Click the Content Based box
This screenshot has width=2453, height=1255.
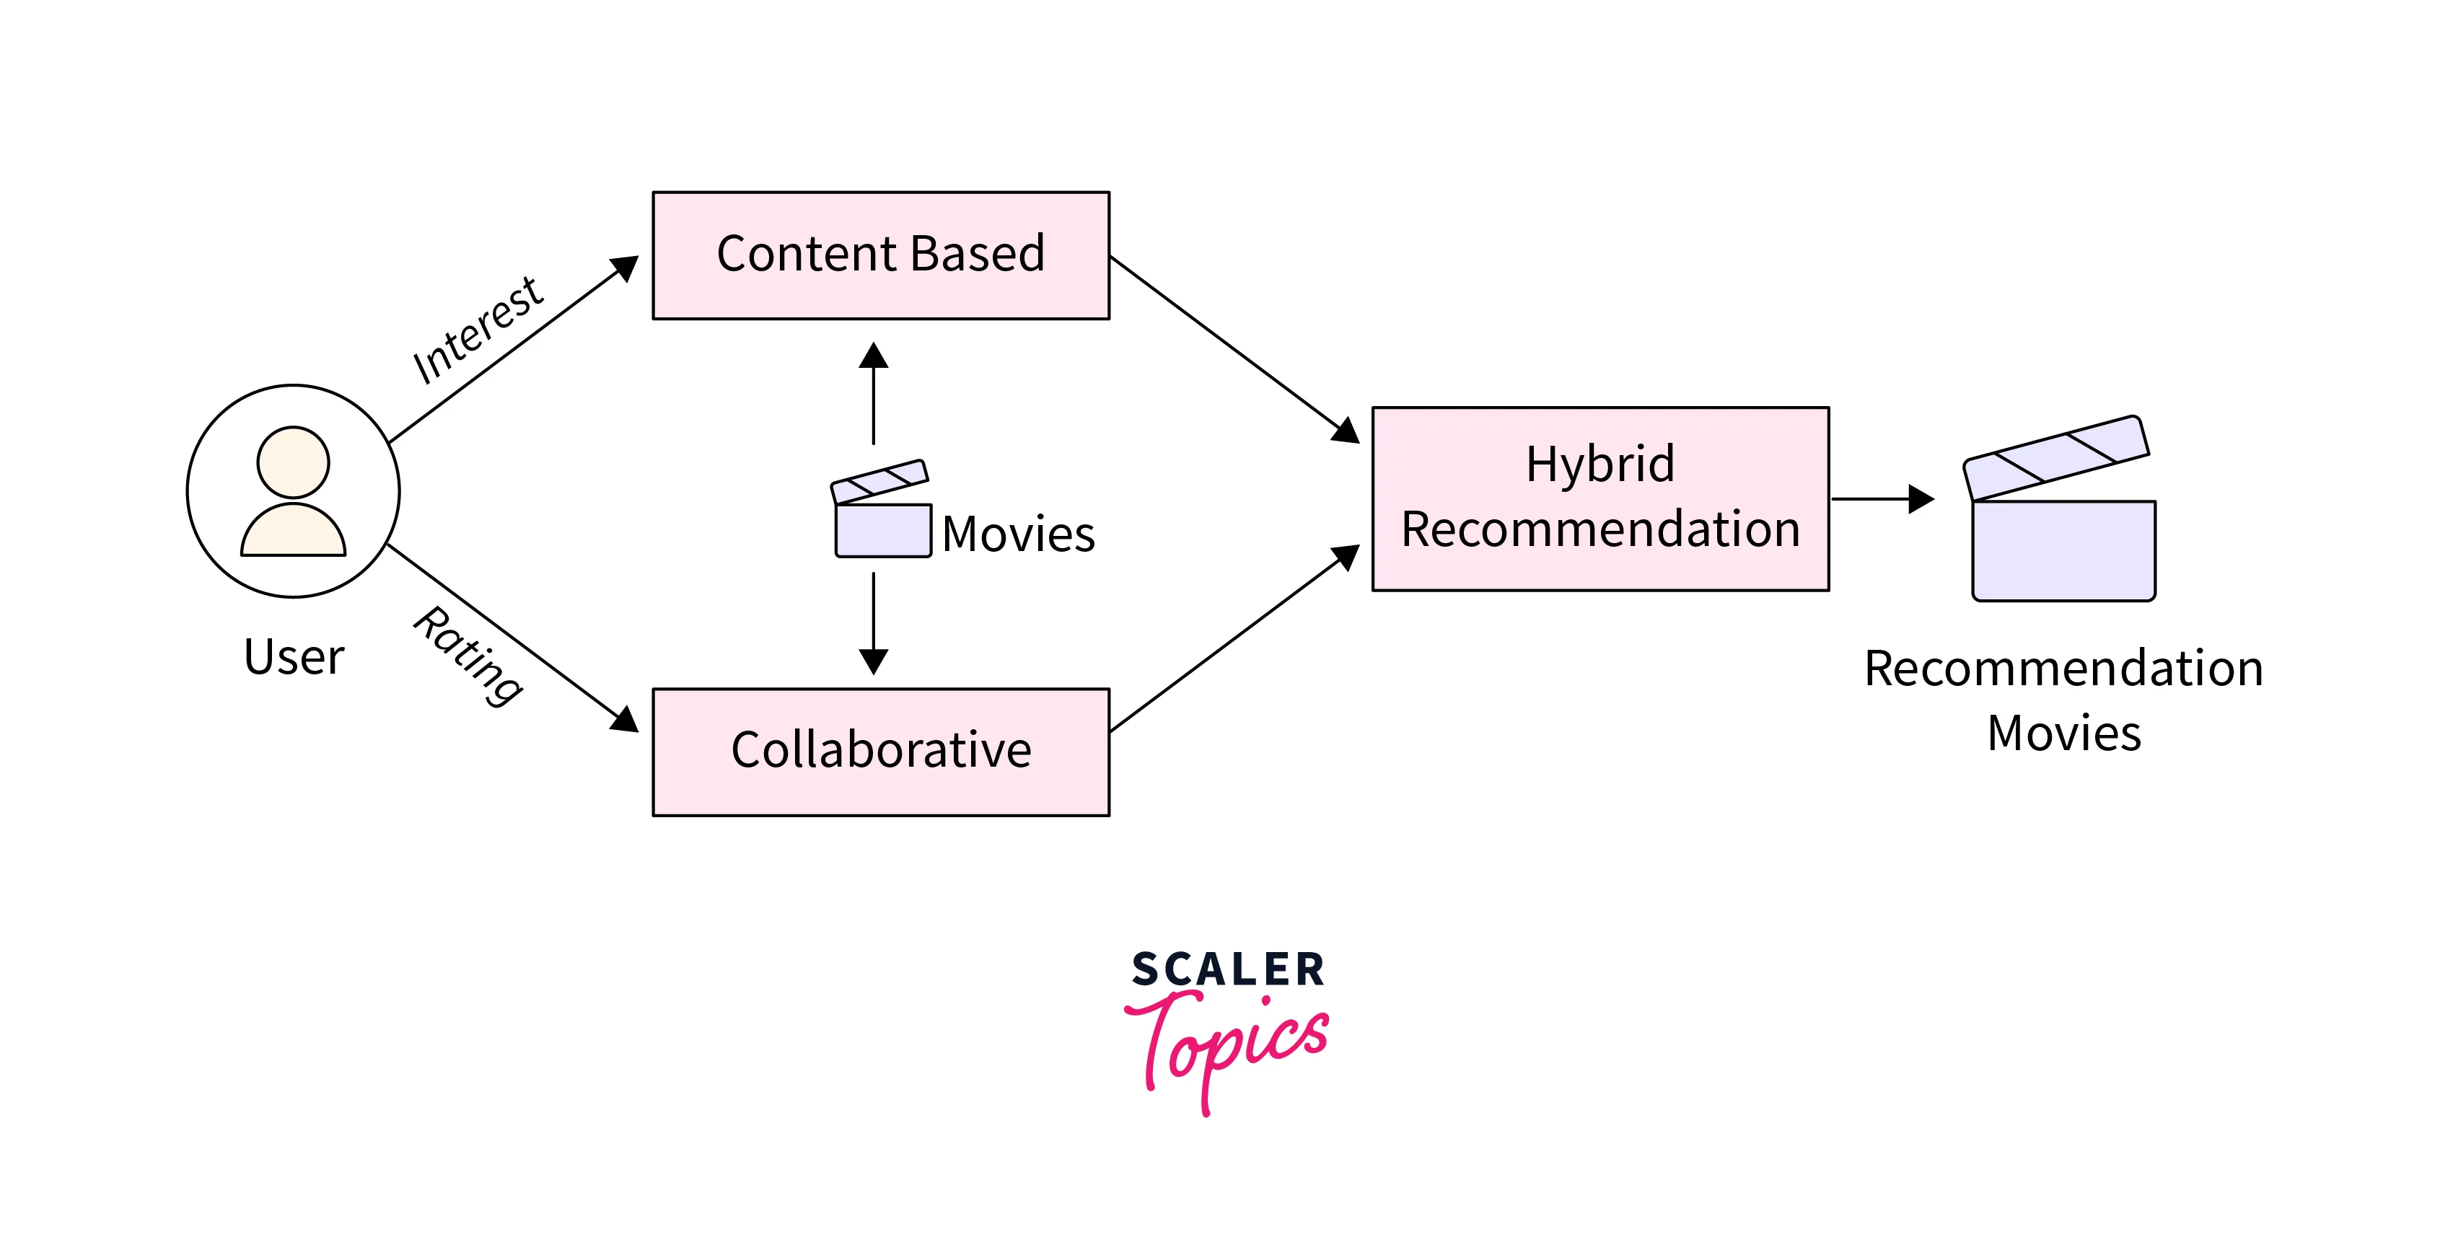(x=881, y=255)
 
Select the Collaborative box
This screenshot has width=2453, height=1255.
(x=881, y=752)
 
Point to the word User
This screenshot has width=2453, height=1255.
(x=294, y=657)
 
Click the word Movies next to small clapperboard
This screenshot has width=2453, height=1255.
(x=1018, y=534)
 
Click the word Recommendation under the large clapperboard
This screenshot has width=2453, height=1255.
(x=2063, y=669)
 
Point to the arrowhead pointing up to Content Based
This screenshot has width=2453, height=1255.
(x=873, y=356)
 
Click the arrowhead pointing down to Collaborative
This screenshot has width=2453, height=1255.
(x=873, y=661)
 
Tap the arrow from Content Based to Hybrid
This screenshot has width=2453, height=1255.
(x=1233, y=348)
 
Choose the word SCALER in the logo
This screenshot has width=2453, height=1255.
(x=1227, y=970)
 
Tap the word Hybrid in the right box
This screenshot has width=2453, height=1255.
(x=1600, y=464)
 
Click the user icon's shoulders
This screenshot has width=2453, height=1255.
(x=294, y=533)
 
